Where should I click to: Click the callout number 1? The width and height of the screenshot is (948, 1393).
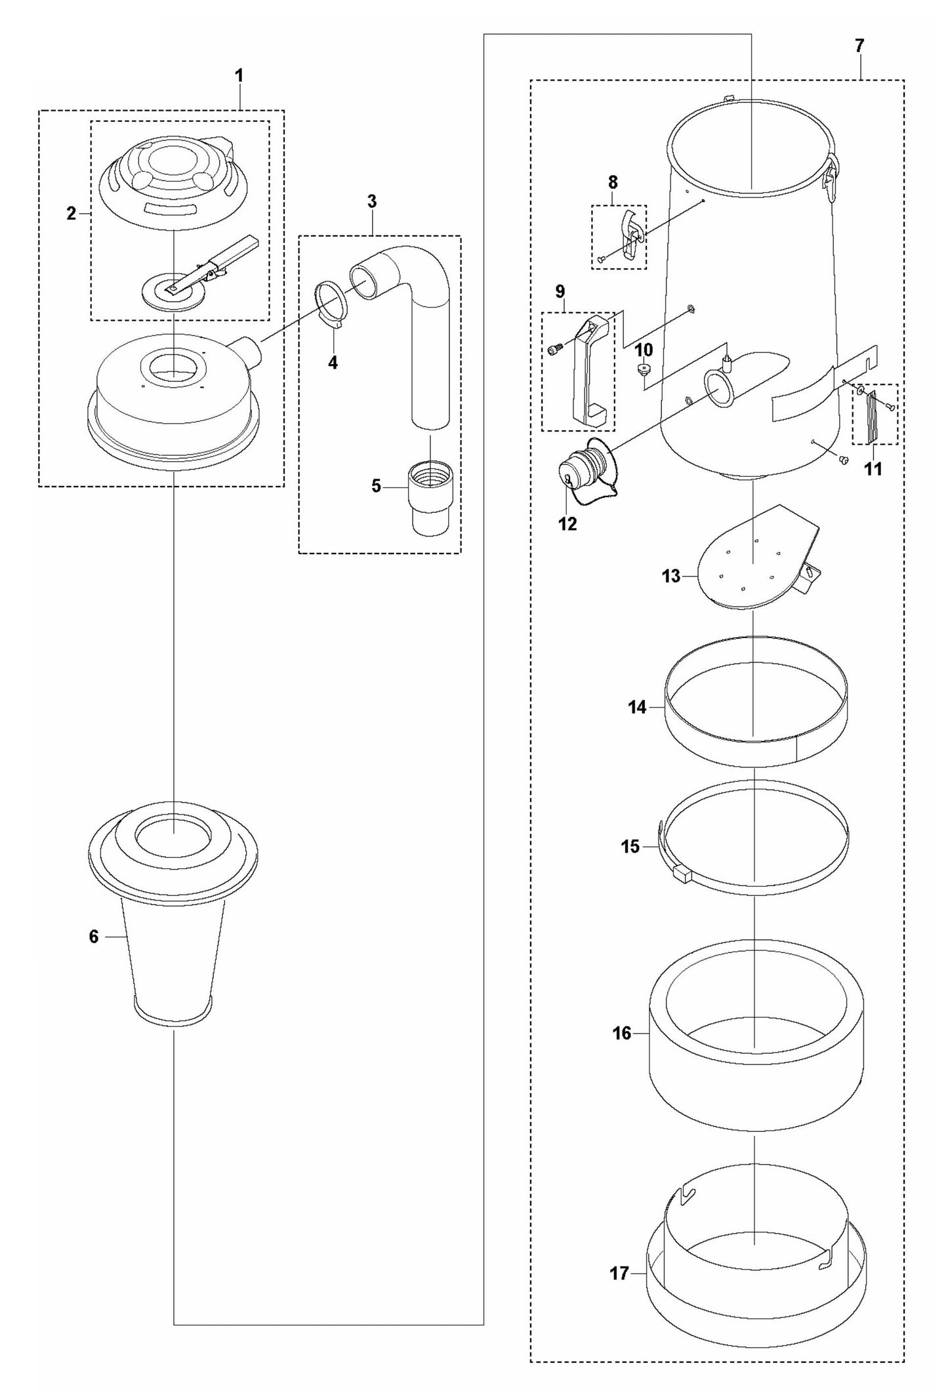pyautogui.click(x=239, y=76)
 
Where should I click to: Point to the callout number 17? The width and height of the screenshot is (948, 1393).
pyautogui.click(x=619, y=1274)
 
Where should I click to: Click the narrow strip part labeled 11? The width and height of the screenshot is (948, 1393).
pyautogui.click(x=873, y=417)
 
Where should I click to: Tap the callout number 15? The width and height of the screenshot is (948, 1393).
pyautogui.click(x=630, y=847)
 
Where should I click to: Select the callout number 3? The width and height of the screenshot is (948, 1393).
pyautogui.click(x=371, y=201)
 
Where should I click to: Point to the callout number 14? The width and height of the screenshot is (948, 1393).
pyautogui.click(x=637, y=707)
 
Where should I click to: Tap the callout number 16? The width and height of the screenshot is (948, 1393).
pyautogui.click(x=621, y=1033)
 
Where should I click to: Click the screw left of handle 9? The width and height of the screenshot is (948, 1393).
pyautogui.click(x=553, y=350)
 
